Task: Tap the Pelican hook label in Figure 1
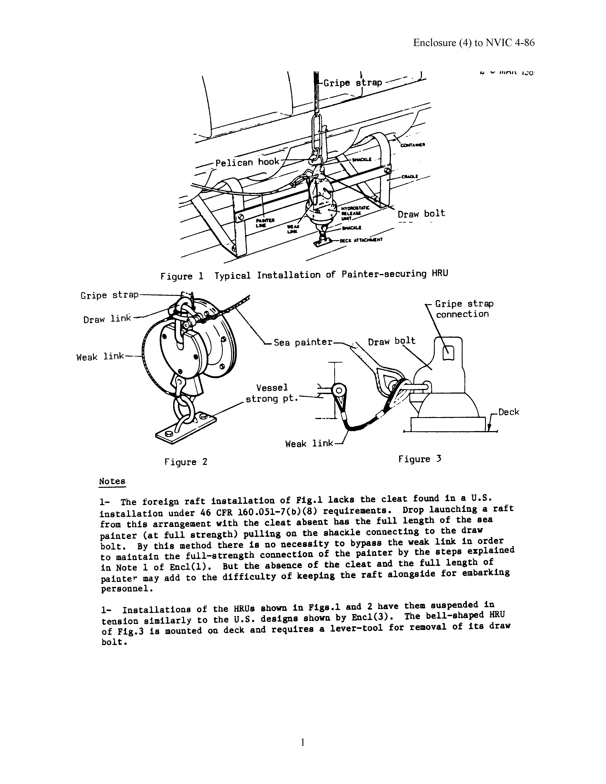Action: [x=247, y=162]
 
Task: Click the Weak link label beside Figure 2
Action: [x=100, y=357]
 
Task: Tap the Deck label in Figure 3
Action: [x=508, y=412]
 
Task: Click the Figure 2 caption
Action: [x=186, y=462]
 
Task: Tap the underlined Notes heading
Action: [x=112, y=481]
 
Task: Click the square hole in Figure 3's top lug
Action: [x=448, y=354]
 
